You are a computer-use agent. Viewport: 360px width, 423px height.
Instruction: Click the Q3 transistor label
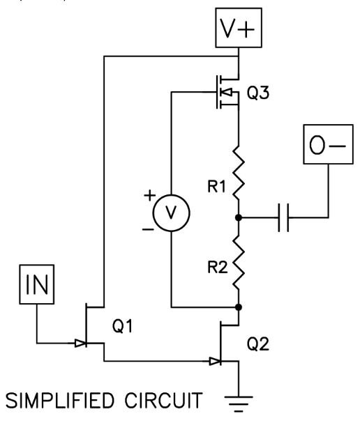pyautogui.click(x=258, y=93)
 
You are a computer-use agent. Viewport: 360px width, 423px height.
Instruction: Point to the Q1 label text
pyautogui.click(x=122, y=326)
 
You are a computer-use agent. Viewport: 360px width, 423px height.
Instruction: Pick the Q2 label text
pyautogui.click(x=258, y=344)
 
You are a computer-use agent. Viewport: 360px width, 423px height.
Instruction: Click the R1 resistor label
pyautogui.click(x=216, y=186)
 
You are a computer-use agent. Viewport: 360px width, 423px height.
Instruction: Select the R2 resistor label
pyautogui.click(x=218, y=268)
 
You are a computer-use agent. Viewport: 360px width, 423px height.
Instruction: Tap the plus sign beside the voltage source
pyautogui.click(x=150, y=195)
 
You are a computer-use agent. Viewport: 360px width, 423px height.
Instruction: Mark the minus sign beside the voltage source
pyautogui.click(x=148, y=229)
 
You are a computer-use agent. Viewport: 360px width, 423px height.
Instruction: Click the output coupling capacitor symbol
pyautogui.click(x=283, y=217)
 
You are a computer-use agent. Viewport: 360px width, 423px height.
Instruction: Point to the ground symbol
pyautogui.click(x=239, y=404)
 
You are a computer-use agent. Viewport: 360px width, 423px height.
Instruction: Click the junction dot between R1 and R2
pyautogui.click(x=239, y=217)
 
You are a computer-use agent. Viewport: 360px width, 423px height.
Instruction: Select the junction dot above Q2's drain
pyautogui.click(x=239, y=307)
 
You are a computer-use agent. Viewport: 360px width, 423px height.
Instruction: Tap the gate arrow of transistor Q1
pyautogui.click(x=80, y=343)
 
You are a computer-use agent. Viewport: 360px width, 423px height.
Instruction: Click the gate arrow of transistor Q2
pyautogui.click(x=216, y=361)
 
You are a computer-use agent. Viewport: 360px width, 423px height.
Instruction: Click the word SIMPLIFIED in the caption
pyautogui.click(x=60, y=400)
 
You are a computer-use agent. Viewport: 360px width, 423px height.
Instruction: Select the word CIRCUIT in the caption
pyautogui.click(x=164, y=400)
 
